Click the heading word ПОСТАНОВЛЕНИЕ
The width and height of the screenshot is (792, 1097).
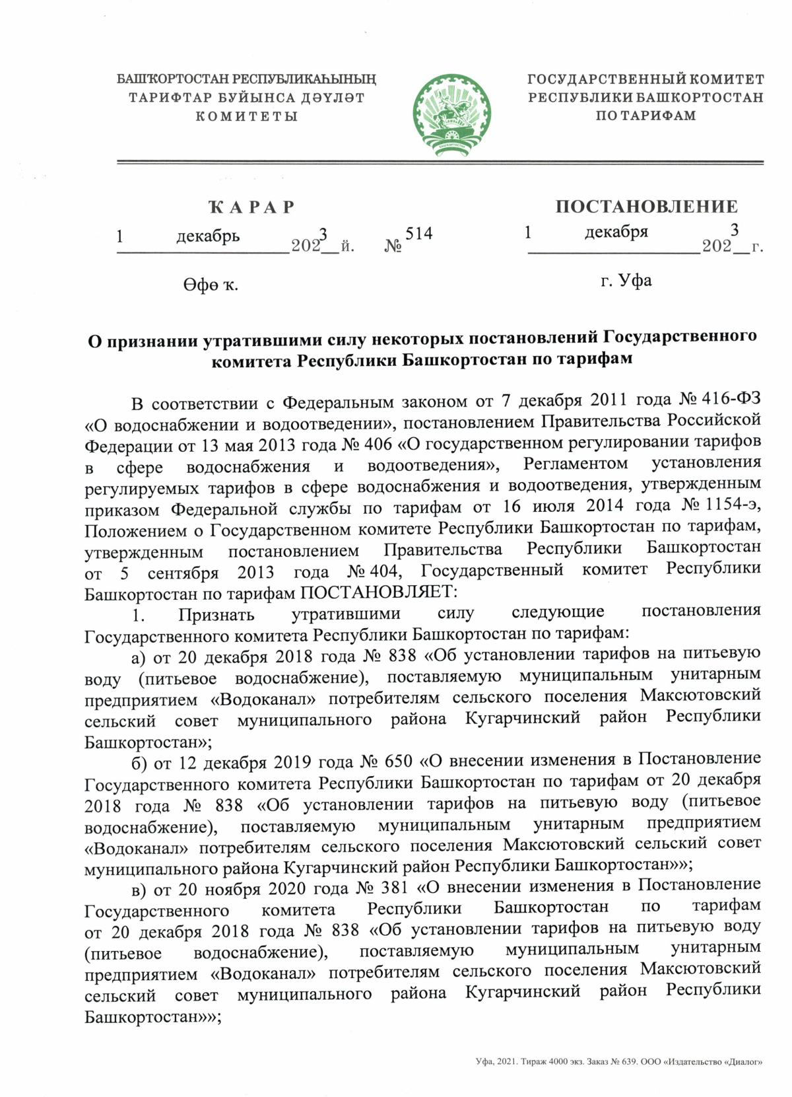point(646,207)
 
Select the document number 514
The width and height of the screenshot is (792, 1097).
point(418,234)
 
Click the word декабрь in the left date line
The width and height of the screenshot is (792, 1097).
point(208,236)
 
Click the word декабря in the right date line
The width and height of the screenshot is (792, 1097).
point(616,232)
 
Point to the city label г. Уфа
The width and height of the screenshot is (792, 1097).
point(626,281)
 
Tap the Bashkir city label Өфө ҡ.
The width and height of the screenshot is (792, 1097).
point(211,285)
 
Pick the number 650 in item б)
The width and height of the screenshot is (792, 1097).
point(398,761)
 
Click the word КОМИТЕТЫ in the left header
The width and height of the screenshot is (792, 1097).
point(247,117)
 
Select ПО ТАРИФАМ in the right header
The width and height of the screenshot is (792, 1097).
point(645,116)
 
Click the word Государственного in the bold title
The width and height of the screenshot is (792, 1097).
point(680,337)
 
